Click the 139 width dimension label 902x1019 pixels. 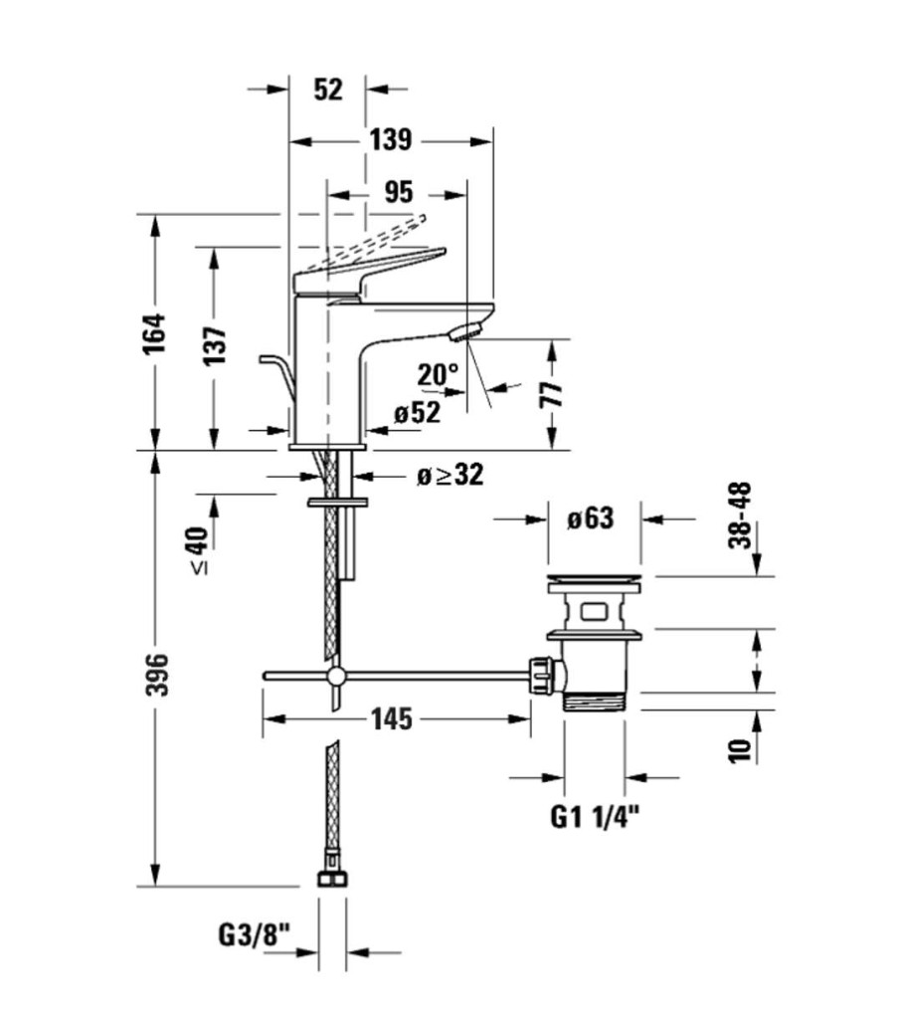[390, 140]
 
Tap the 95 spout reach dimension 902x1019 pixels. [396, 191]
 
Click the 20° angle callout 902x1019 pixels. [438, 375]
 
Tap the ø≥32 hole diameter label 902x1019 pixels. [451, 476]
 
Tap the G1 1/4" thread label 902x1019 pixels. [595, 818]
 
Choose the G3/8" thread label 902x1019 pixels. [253, 936]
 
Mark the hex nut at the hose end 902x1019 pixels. [332, 879]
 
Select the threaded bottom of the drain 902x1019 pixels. [594, 701]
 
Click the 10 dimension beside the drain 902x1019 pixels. [739, 747]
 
